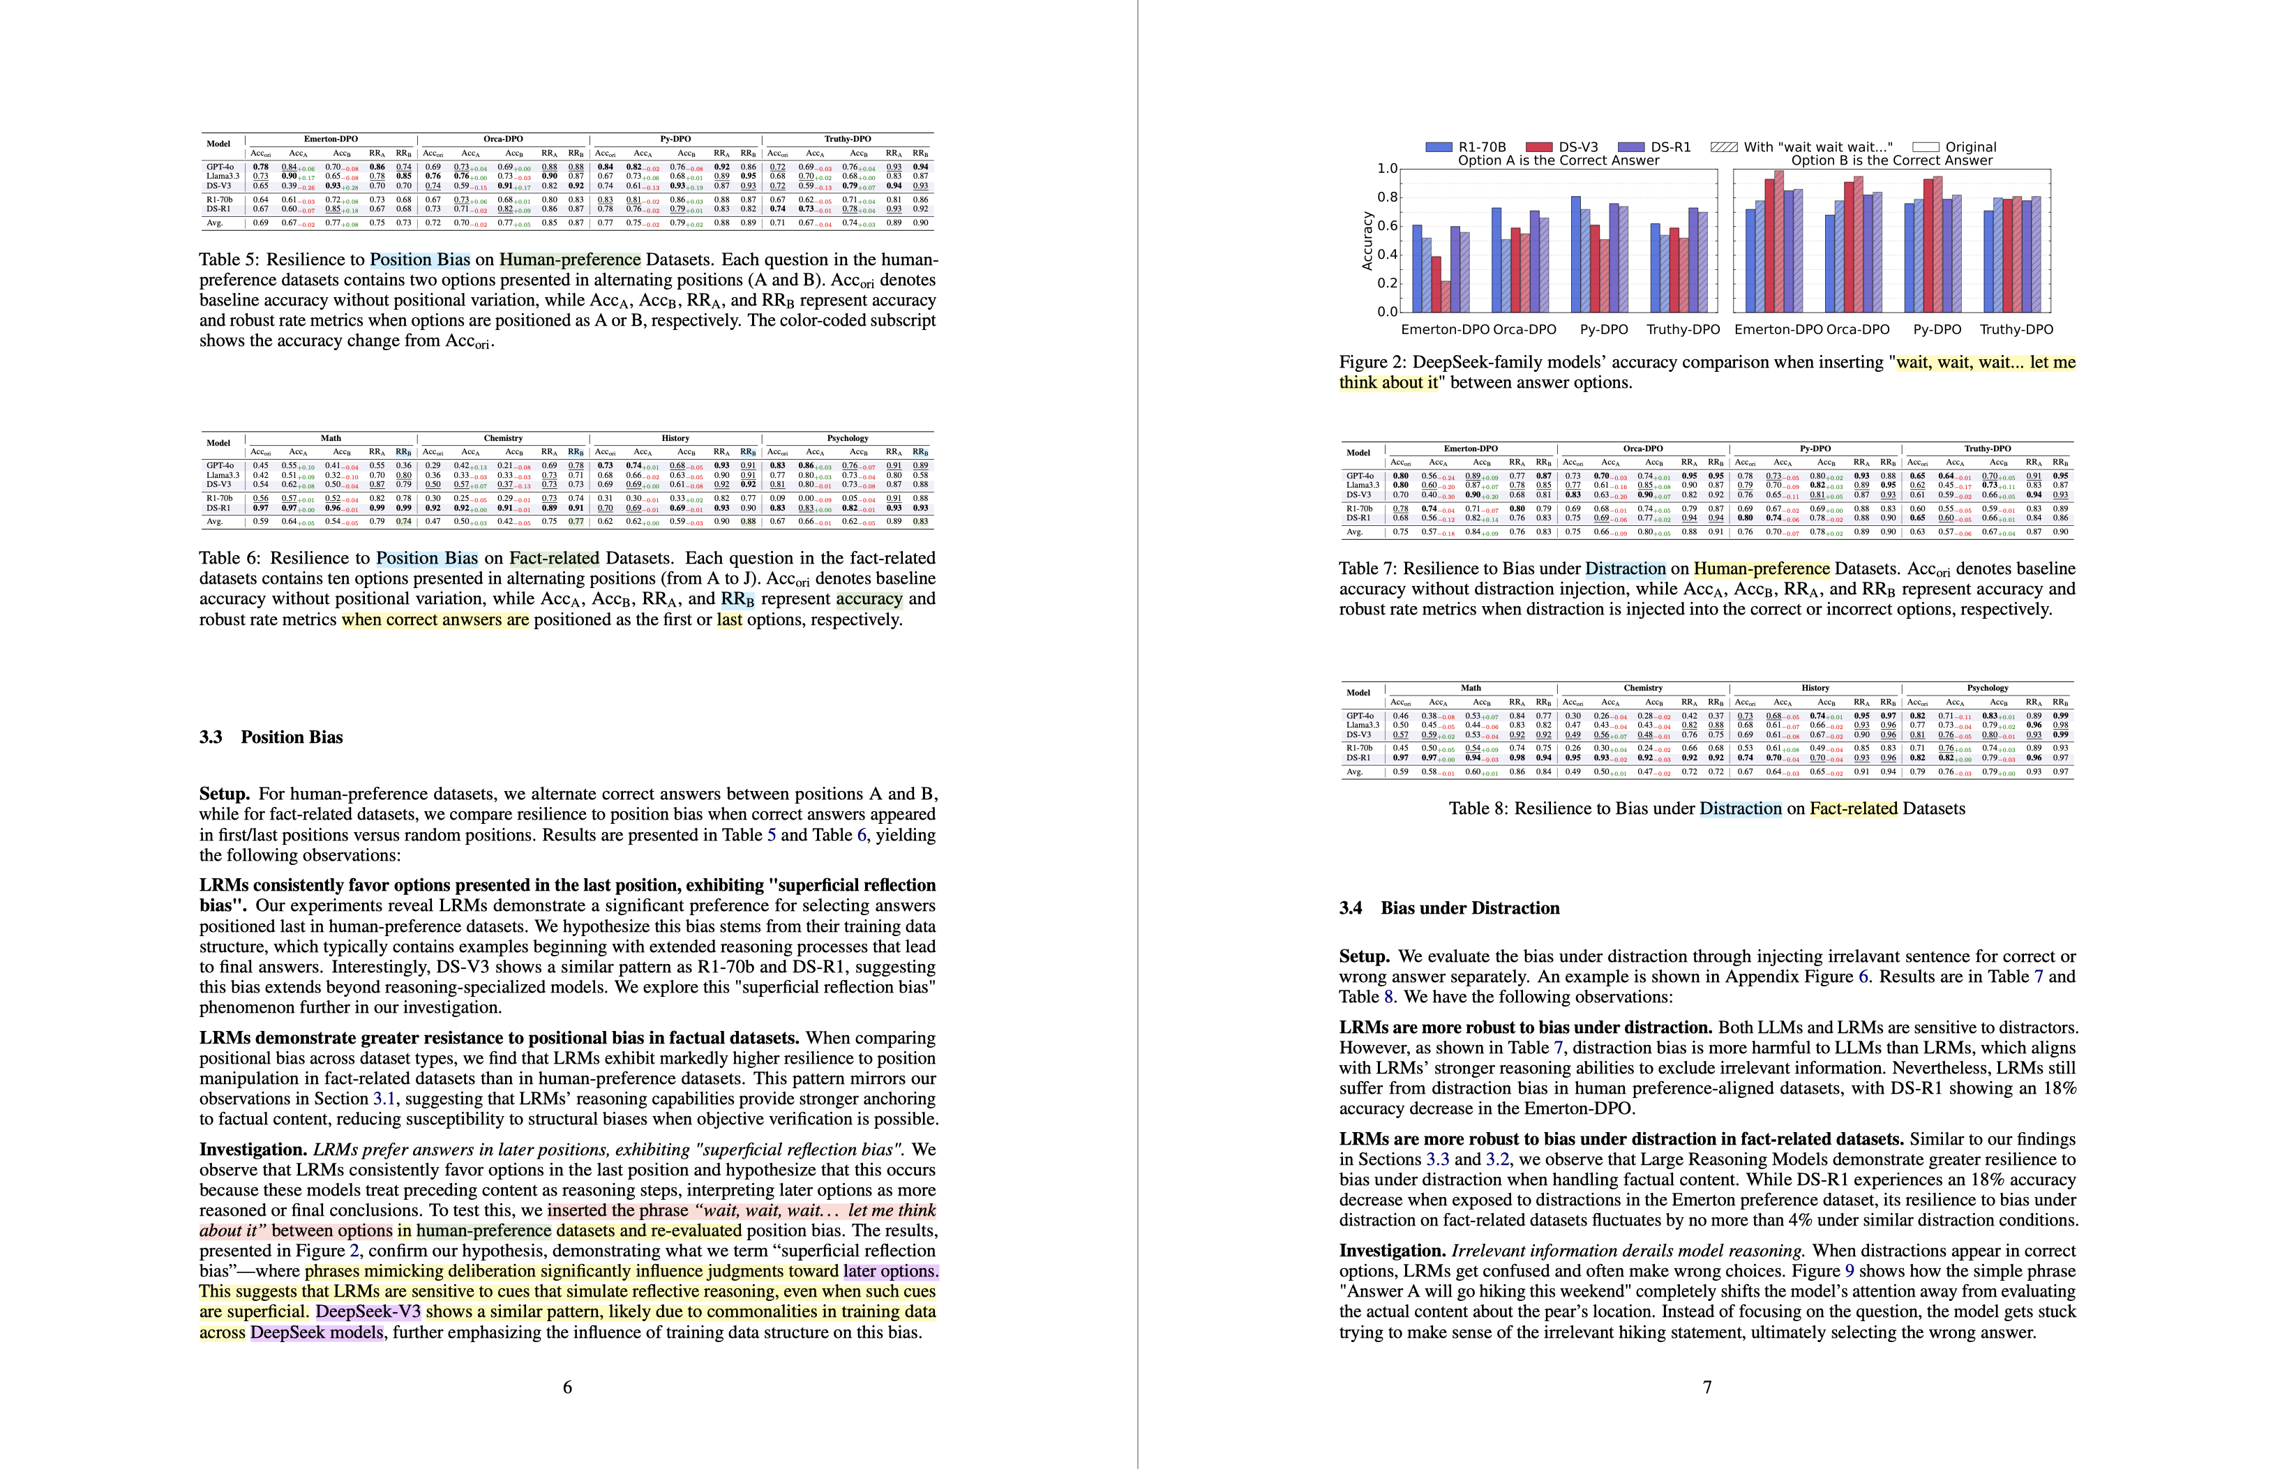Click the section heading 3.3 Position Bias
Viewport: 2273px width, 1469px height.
[271, 737]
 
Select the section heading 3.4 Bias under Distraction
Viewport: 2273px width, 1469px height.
[1449, 908]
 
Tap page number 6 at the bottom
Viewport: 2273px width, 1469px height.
[567, 1387]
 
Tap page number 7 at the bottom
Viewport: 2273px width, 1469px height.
[1706, 1387]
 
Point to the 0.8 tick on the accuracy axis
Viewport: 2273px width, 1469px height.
[1387, 197]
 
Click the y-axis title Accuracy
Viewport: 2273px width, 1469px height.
[1367, 241]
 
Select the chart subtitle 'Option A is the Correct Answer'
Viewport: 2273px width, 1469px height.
[1559, 160]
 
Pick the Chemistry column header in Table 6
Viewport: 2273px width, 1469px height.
[503, 439]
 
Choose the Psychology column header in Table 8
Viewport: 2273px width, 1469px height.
[1987, 688]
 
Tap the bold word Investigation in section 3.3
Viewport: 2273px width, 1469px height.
[253, 1150]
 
